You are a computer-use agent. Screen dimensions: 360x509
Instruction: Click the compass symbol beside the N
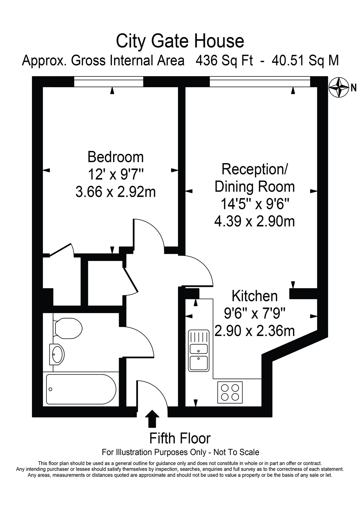pos(339,87)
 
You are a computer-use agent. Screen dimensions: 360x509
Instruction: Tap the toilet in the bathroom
pos(68,328)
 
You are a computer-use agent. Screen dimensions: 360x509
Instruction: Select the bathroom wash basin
pos(57,354)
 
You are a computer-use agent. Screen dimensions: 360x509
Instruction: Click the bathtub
pos(81,389)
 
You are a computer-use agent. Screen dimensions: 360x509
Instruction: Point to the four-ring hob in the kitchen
pos(230,392)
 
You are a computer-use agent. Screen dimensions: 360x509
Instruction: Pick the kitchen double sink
pos(199,350)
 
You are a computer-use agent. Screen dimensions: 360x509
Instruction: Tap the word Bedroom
pos(116,157)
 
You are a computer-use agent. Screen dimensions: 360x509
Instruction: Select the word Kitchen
pos(255,296)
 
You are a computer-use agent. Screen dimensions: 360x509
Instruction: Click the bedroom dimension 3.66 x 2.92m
pos(116,192)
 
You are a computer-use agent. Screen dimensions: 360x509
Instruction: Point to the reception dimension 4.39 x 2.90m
pos(255,222)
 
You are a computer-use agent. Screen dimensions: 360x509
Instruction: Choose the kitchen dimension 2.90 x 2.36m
pos(255,331)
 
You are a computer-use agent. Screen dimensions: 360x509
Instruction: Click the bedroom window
pos(109,82)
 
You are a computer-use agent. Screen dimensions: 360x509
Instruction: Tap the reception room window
pos(260,82)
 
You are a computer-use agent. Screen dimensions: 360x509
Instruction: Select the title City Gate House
pos(180,41)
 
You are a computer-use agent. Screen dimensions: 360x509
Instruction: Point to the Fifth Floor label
pos(180,438)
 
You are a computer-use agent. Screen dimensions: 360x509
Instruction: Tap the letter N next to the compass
pos(354,87)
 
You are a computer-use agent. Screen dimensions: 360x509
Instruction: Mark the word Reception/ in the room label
pos(255,169)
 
